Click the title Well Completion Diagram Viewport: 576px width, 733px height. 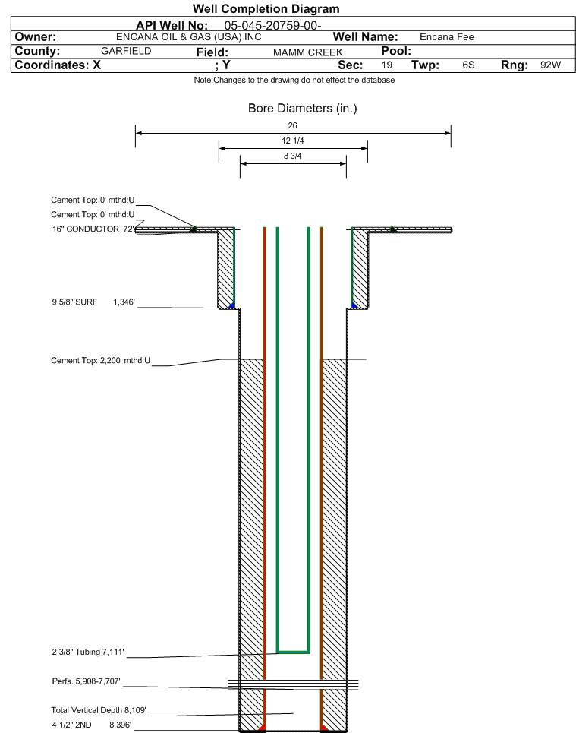[x=266, y=9]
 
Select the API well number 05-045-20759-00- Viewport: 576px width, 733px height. [x=272, y=25]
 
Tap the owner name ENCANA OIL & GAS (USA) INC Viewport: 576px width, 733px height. [x=189, y=37]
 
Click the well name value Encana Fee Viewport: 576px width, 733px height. [x=446, y=37]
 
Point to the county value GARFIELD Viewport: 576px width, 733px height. [x=126, y=51]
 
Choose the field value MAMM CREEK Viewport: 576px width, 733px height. [x=308, y=52]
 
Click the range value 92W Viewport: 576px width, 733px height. [x=550, y=65]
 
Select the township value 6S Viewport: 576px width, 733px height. [x=468, y=65]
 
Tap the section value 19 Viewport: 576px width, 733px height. [x=387, y=65]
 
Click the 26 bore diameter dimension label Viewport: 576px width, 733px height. [x=292, y=125]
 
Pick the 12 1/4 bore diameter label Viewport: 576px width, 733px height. [x=293, y=141]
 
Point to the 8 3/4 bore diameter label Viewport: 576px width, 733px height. [x=293, y=156]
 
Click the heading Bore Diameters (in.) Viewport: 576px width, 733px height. [x=302, y=109]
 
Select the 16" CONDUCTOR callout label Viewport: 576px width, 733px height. [x=86, y=229]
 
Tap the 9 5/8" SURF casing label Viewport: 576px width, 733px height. [x=74, y=302]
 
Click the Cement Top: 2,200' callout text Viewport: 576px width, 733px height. [x=100, y=360]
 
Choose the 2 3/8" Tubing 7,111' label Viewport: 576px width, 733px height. [x=88, y=652]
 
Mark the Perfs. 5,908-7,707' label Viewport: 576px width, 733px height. [x=86, y=681]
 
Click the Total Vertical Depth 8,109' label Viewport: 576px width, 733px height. [x=99, y=710]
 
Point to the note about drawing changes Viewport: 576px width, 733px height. [x=294, y=80]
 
